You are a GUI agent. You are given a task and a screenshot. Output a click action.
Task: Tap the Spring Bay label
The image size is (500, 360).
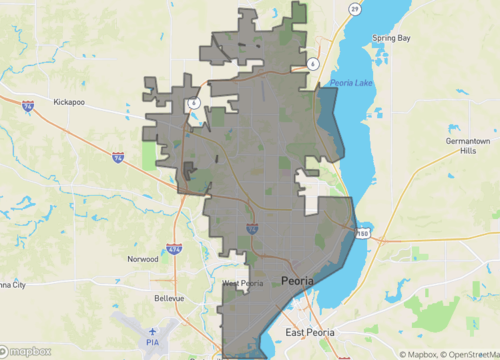click(x=392, y=38)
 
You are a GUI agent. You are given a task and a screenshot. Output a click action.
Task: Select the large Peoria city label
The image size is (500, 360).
click(x=298, y=281)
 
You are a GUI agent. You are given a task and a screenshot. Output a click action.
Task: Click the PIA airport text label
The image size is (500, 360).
click(x=153, y=343)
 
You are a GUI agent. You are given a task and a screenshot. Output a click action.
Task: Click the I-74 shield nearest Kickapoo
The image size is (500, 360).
click(x=28, y=105)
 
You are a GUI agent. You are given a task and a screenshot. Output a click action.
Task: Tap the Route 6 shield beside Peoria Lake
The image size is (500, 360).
click(x=313, y=63)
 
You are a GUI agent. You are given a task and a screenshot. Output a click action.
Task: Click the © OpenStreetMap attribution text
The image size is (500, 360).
click(x=465, y=354)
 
